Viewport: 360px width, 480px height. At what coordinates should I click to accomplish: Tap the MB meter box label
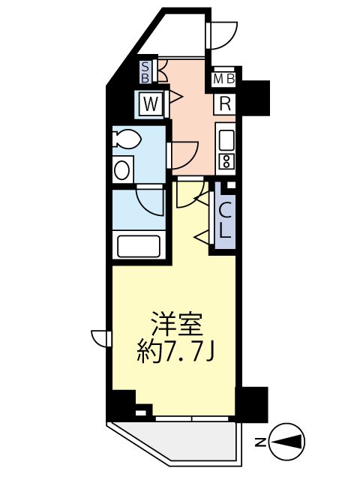[225, 79]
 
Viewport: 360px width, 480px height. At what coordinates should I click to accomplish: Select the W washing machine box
[150, 104]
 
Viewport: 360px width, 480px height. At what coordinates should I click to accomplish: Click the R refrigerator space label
[225, 104]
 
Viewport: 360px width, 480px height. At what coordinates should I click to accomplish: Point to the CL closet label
[225, 217]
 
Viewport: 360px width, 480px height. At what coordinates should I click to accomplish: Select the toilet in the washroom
[127, 139]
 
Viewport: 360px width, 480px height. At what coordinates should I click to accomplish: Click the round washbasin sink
[122, 169]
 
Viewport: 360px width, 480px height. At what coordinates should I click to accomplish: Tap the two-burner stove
[226, 160]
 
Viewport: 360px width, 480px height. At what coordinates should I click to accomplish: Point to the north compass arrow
[289, 442]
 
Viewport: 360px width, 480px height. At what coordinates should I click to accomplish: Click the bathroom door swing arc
[150, 200]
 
